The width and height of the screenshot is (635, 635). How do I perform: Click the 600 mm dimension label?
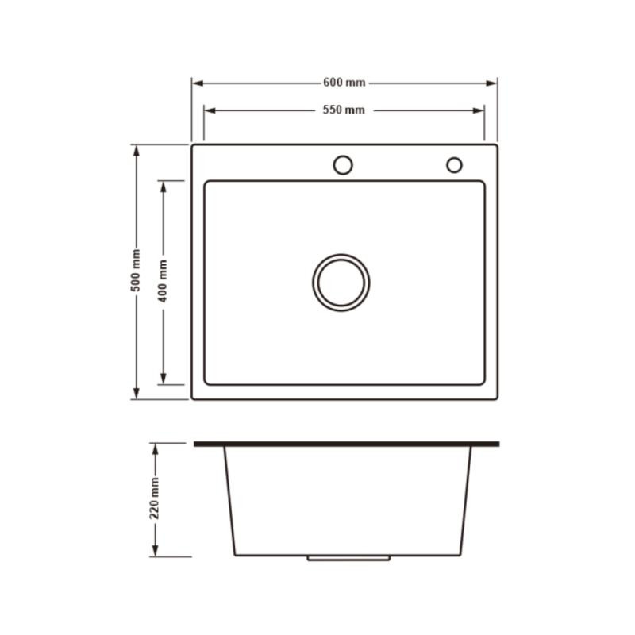tap(344, 83)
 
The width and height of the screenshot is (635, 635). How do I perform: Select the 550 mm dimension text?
tap(344, 110)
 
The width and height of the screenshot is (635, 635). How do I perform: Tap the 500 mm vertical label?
tap(136, 270)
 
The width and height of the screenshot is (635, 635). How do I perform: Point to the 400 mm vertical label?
tap(163, 281)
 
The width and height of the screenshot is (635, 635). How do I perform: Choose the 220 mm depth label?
tap(154, 498)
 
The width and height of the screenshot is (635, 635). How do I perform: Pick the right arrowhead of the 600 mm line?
tap(491, 83)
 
